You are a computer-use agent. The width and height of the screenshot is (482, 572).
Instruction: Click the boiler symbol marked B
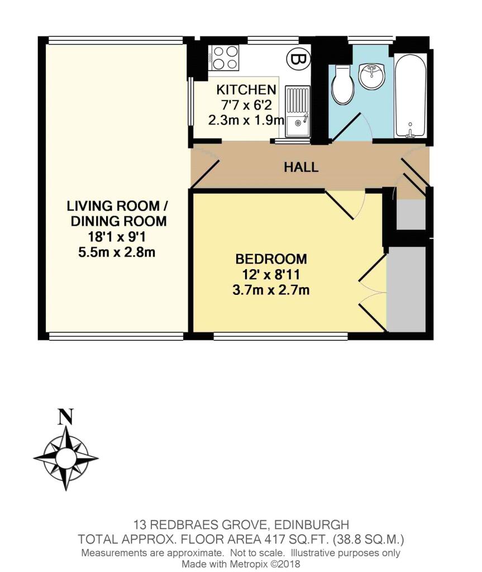299,59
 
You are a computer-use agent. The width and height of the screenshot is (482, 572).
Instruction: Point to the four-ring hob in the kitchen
223,58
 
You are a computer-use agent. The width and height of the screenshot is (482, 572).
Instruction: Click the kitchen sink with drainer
297,112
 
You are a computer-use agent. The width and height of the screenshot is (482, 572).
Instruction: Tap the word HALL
301,168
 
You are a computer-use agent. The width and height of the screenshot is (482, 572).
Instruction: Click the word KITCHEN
246,89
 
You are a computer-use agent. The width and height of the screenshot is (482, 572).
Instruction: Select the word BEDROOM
271,259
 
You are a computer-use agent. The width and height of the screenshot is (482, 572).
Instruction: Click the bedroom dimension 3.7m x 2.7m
271,290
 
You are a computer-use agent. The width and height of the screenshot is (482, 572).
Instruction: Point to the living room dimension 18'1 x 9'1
117,237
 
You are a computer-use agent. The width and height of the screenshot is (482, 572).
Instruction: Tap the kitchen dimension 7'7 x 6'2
246,105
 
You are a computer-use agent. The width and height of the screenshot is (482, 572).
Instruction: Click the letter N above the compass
66,417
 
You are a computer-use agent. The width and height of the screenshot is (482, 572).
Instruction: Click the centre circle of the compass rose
66,457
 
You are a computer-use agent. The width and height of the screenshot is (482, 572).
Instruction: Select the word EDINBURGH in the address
311,525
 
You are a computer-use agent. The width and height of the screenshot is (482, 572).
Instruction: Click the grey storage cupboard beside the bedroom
406,289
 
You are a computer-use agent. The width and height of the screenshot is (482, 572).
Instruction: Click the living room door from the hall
205,173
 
